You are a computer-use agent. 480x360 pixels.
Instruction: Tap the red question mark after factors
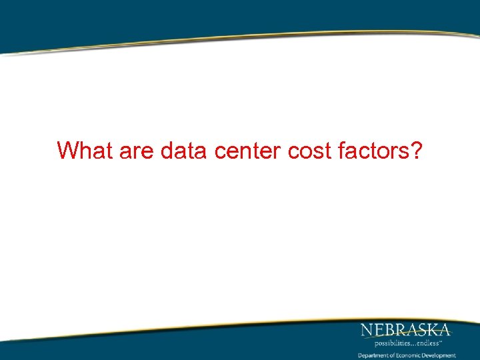coord(415,151)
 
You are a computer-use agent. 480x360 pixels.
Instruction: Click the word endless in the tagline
coord(428,343)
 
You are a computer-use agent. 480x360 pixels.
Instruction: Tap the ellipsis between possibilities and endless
coord(412,344)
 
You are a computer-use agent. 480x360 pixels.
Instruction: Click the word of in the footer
coord(391,355)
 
